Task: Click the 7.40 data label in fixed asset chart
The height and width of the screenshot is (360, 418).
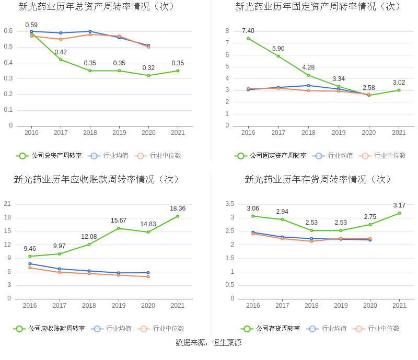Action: coord(248,31)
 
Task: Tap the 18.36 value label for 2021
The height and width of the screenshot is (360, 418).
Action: coord(178,208)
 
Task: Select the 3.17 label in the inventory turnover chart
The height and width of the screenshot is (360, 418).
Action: coord(399,205)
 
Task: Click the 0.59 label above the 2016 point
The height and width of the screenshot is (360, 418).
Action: coord(31,25)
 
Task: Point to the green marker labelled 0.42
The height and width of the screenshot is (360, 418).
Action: coord(61,60)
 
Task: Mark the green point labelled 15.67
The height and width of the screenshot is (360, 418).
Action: coord(119,228)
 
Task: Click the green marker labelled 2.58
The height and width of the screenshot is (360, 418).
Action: coord(369,95)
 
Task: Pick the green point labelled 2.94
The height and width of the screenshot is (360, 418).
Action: coord(282,219)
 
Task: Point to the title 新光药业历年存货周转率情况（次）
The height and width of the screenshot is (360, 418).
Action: coord(318,179)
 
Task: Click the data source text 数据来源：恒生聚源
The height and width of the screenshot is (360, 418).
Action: coord(209,343)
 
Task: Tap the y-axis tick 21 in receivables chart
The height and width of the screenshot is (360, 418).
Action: coord(8,204)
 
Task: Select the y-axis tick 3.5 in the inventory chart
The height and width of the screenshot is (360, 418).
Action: coord(229,204)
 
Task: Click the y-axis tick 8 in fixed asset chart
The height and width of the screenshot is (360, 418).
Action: coord(227,31)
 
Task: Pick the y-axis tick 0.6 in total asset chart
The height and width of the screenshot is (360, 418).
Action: coord(8,31)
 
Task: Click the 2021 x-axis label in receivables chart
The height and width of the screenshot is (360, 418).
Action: coord(178,306)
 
